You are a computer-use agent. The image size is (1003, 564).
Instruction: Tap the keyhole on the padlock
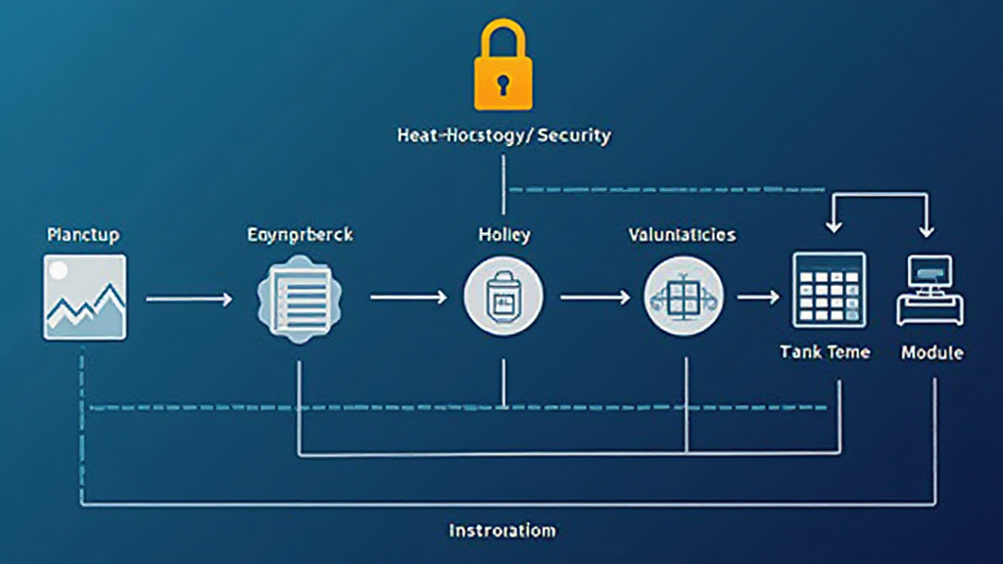[x=503, y=85]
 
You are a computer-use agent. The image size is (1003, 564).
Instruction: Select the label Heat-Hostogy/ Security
[x=503, y=135]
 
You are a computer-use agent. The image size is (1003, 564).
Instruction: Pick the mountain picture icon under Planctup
[x=84, y=297]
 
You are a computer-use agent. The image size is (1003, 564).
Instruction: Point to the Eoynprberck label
[x=300, y=236]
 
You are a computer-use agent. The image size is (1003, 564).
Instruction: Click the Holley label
[x=503, y=236]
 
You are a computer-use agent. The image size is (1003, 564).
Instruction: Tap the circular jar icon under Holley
[x=502, y=296]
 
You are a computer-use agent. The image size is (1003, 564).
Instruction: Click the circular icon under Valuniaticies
[x=683, y=296]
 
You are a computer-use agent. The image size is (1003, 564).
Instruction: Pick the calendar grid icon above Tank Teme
[x=829, y=290]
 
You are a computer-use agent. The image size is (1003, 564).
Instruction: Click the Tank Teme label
[x=825, y=352]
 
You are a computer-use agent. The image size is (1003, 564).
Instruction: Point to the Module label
[x=931, y=352]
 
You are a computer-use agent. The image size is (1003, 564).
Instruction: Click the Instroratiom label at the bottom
[x=502, y=531]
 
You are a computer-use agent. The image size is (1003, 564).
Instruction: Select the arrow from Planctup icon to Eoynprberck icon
[x=189, y=297]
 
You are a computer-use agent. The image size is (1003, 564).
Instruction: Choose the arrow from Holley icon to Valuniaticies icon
[x=595, y=297]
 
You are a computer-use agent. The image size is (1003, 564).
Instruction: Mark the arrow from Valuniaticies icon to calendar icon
[x=757, y=297]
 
